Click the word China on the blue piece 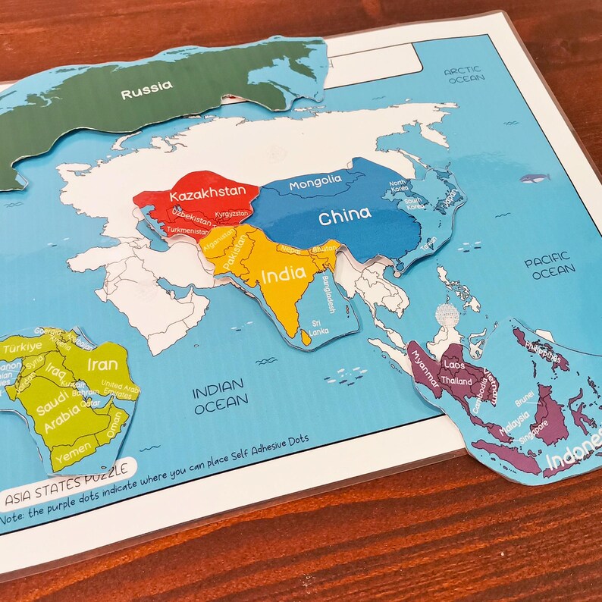tap(345, 218)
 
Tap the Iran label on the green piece tap(102, 364)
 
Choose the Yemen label tap(69, 457)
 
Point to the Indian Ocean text tap(221, 400)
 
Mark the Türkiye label tap(22, 349)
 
